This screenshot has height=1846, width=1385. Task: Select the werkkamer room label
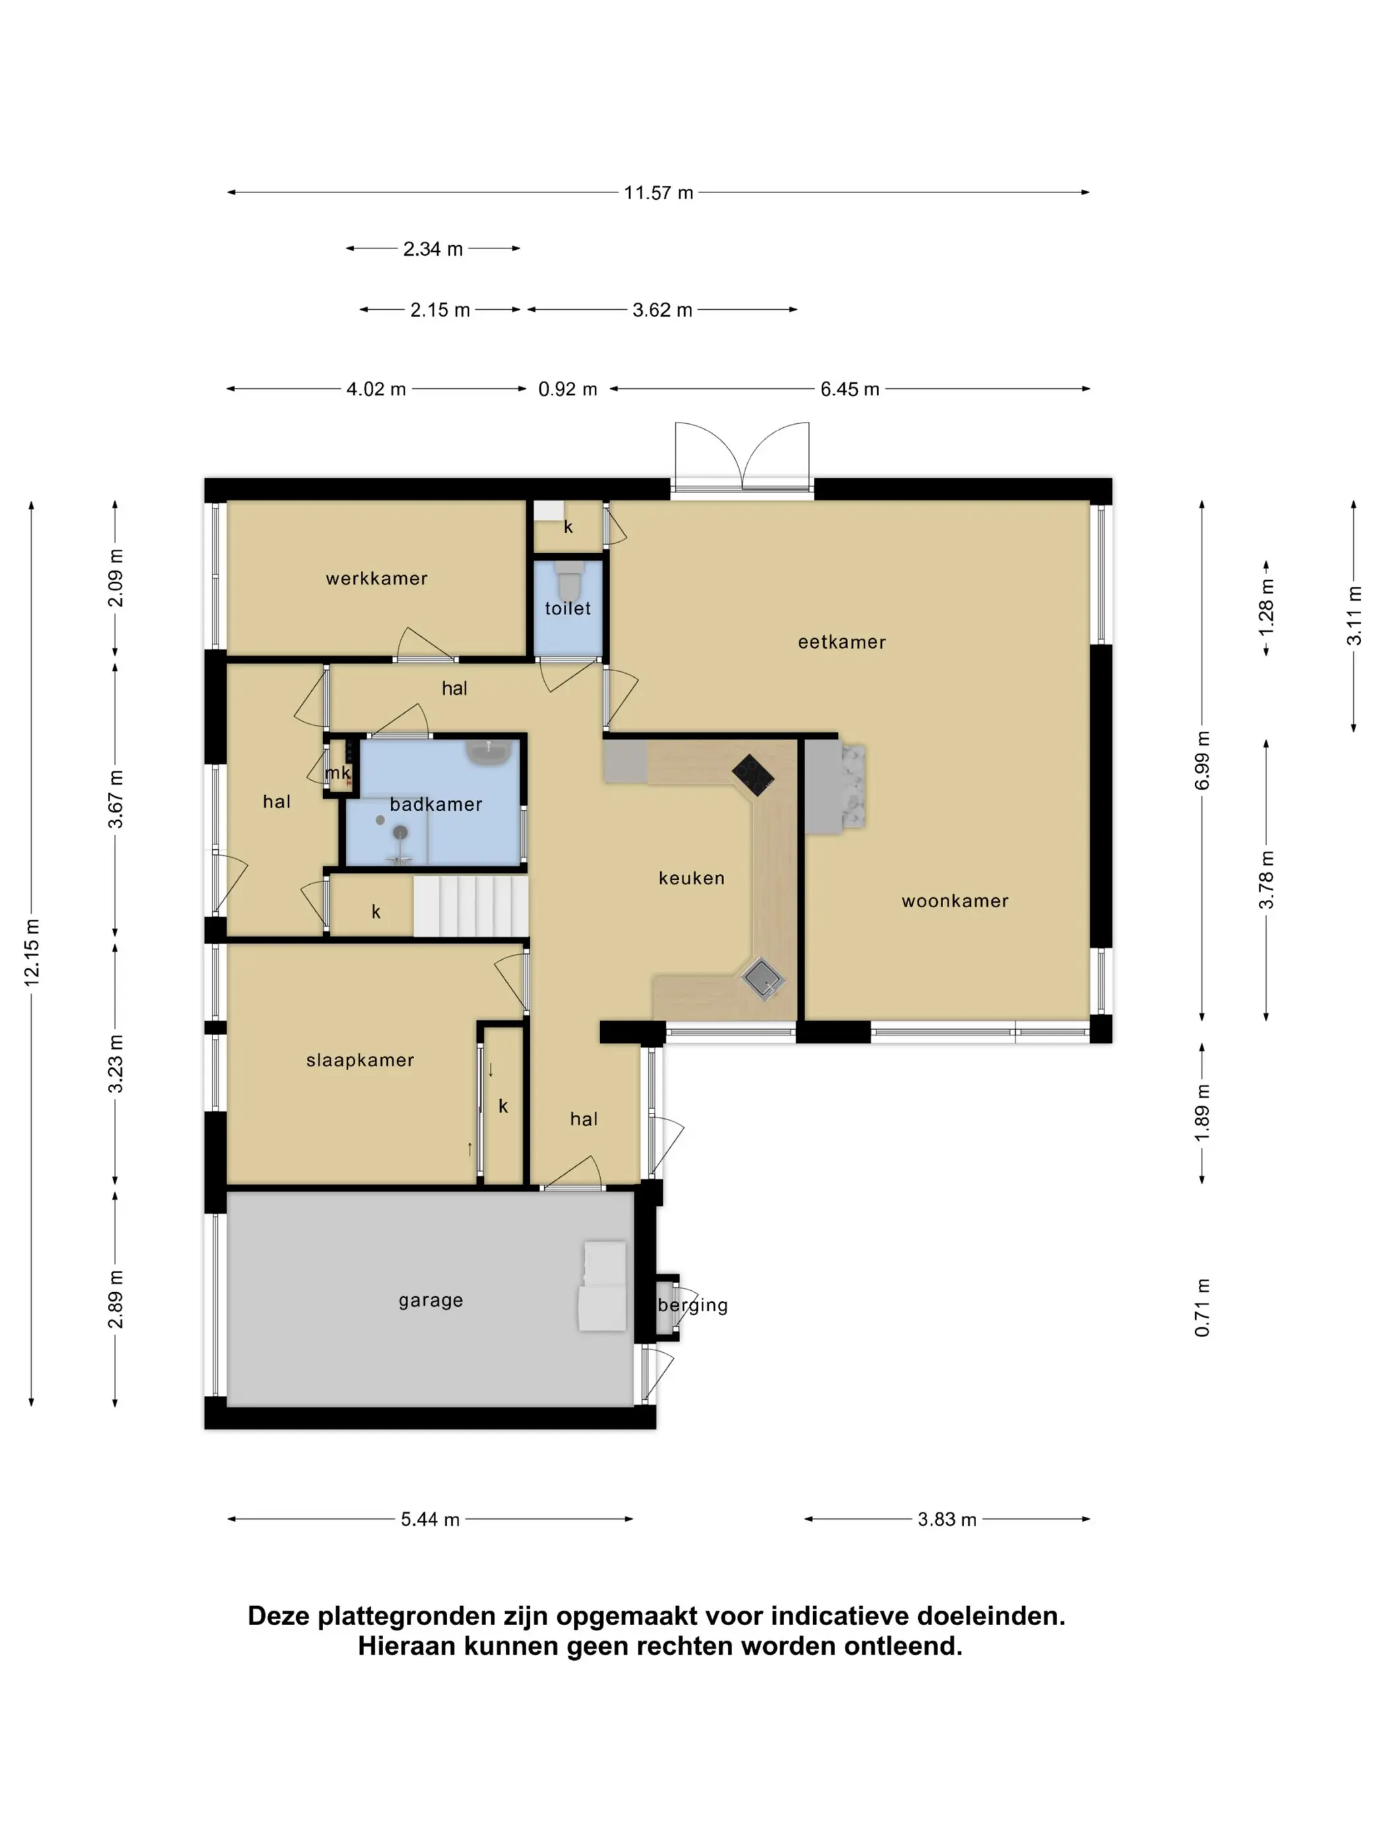pos(377,578)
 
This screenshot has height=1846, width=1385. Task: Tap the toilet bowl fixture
pos(569,576)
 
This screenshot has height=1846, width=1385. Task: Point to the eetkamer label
pos(842,641)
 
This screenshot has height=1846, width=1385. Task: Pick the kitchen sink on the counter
pos(764,977)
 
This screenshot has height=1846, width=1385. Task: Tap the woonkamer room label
pos(955,901)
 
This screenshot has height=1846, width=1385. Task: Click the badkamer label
pos(436,804)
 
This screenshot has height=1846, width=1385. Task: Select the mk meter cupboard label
pos(337,773)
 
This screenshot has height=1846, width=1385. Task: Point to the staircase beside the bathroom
pos(471,905)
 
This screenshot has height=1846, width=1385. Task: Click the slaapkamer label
pos(360,1060)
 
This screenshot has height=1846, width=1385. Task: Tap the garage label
pos(431,1300)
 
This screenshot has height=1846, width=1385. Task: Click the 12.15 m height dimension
pos(32,952)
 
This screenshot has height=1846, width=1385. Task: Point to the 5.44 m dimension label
pos(430,1519)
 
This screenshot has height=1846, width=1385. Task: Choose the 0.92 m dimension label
pos(568,389)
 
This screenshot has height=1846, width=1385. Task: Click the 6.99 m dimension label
pos(1202,760)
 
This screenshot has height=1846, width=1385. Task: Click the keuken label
pos(691,878)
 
